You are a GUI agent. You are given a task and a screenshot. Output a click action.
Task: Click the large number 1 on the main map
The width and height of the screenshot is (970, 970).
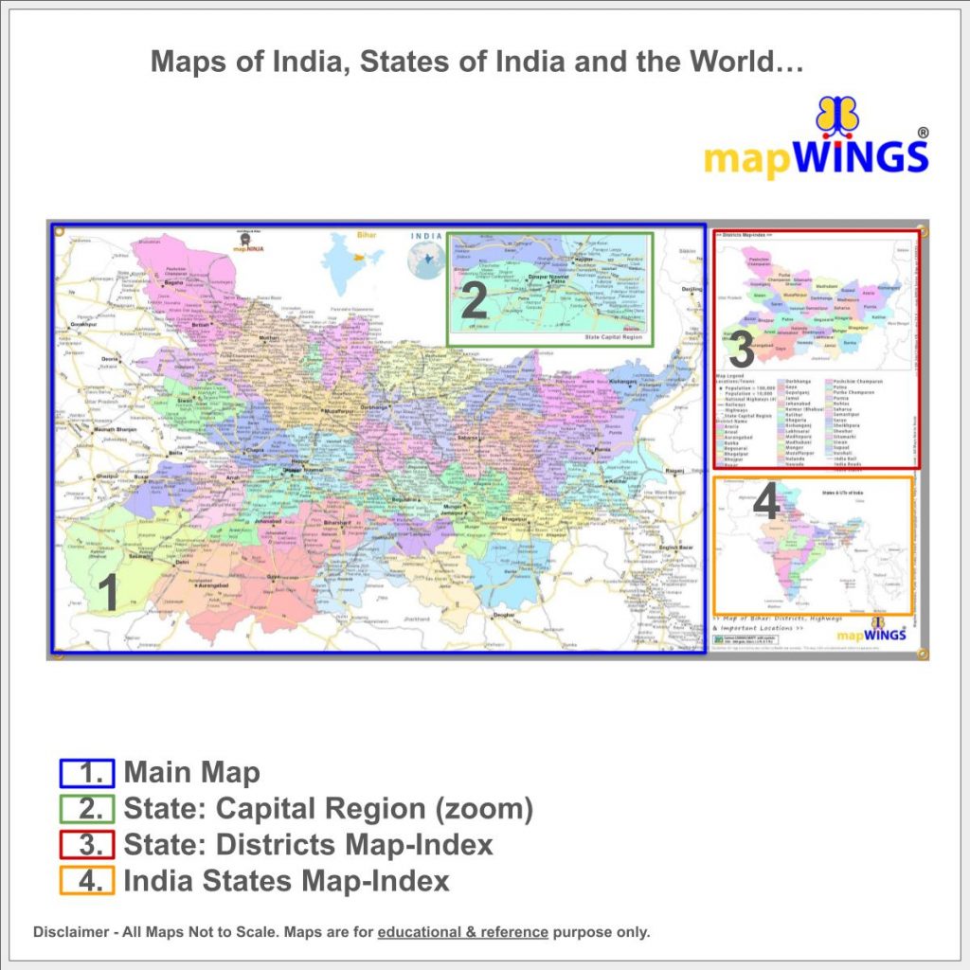tap(109, 595)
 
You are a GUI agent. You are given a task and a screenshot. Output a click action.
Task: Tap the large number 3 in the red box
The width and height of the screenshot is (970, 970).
tap(742, 351)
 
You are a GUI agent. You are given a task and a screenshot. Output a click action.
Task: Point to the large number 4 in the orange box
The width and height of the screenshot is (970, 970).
tap(765, 503)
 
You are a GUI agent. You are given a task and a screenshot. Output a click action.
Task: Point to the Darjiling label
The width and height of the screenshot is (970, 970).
tap(692, 288)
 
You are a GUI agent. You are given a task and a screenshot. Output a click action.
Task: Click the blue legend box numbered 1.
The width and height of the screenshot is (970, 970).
tap(86, 773)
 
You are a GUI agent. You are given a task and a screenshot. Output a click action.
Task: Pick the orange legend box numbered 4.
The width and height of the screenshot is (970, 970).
tap(86, 881)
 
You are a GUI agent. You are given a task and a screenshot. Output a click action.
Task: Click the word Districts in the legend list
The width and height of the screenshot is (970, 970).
tap(329, 845)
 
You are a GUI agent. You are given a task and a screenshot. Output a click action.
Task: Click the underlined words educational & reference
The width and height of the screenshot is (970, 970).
tap(462, 932)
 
